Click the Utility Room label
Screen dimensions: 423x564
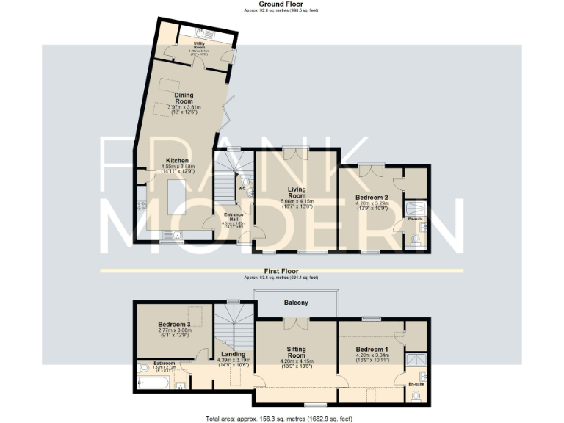199,47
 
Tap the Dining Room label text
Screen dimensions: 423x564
184,98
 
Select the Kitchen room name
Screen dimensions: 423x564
178,160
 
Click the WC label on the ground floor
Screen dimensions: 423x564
241,187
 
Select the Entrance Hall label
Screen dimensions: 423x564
234,215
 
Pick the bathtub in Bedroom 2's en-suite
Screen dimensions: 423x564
415,211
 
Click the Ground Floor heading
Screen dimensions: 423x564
283,4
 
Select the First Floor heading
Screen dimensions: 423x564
283,272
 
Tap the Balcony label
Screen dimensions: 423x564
297,303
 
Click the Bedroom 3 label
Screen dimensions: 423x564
175,325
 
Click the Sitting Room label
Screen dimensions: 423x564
296,351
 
